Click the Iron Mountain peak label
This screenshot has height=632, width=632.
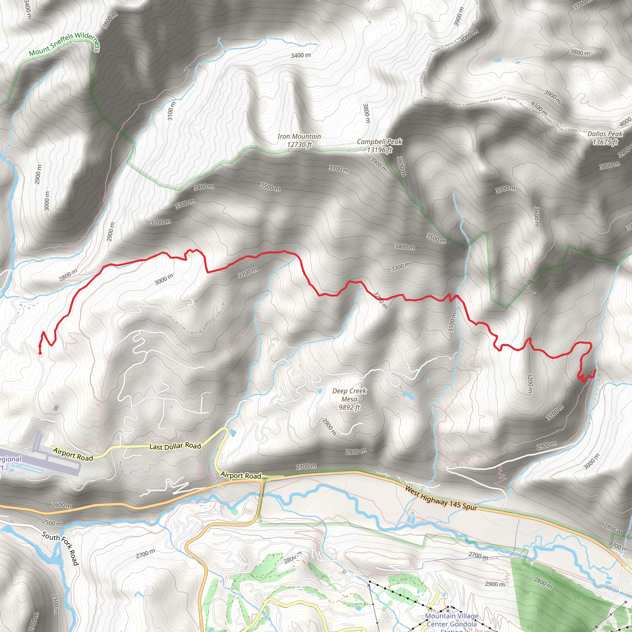(299, 136)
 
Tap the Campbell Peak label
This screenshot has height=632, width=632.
(379, 142)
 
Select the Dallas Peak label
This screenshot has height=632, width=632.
(605, 134)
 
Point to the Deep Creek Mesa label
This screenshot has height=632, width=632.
(349, 395)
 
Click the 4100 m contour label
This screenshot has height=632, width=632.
(539, 108)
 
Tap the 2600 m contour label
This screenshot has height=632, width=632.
(61, 505)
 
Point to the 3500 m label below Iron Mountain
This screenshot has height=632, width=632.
(270, 187)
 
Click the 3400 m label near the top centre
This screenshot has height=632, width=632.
(301, 55)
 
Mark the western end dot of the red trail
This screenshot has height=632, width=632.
(40, 353)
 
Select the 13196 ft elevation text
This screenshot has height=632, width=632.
(379, 150)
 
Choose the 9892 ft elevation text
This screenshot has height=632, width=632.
(349, 407)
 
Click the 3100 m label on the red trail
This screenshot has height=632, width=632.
(247, 272)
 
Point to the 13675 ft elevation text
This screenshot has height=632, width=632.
(605, 142)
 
